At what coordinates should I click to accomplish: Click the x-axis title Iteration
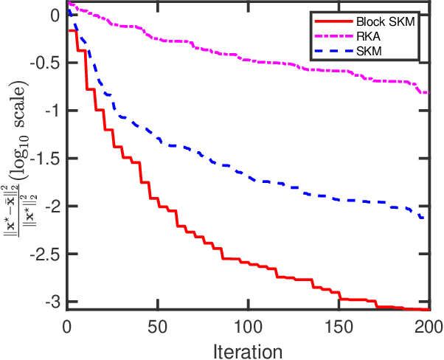[x=248, y=348]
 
